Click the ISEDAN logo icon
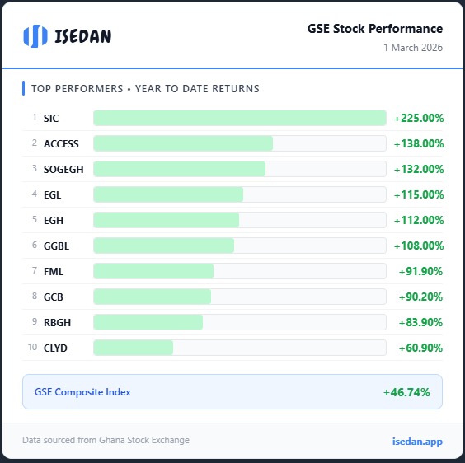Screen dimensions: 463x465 [x=35, y=36]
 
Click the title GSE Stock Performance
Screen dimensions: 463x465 [x=375, y=29]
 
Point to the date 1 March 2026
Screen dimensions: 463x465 [x=412, y=48]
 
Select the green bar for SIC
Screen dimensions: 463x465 [x=239, y=118]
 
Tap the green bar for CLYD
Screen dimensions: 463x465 [x=134, y=348]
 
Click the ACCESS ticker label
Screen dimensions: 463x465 [x=61, y=143]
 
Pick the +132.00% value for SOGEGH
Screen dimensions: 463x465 [x=419, y=169]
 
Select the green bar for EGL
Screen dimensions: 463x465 [x=168, y=194]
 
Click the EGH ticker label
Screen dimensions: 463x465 [x=54, y=220]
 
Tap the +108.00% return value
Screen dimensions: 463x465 [x=419, y=246]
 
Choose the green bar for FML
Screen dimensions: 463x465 [x=153, y=271]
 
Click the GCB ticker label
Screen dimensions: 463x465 [x=54, y=297]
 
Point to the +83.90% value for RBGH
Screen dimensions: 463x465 [x=421, y=322]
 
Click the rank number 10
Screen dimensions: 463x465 [x=32, y=348]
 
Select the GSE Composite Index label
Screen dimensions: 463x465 [x=82, y=392]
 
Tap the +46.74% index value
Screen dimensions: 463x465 [x=406, y=392]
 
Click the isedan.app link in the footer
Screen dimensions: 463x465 [x=417, y=442]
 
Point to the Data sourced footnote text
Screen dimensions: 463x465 [x=106, y=441]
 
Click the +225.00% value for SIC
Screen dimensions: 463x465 [x=419, y=118]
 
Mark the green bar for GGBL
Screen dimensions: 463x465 [x=164, y=246]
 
